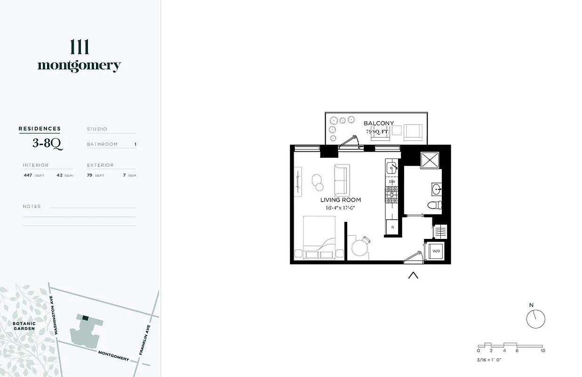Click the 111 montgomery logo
pos(79,56)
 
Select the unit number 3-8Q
pos(47,143)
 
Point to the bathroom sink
pos(437,189)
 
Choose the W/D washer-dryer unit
pos(436,251)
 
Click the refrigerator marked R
pos(392,228)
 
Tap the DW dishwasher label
pos(391,181)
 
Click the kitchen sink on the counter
pos(391,167)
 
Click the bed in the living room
pos(319,238)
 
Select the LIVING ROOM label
pos(341,200)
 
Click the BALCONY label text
pos(379,123)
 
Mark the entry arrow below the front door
pos(413,275)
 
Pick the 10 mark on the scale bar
pos(543,351)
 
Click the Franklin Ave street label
pos(144,340)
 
